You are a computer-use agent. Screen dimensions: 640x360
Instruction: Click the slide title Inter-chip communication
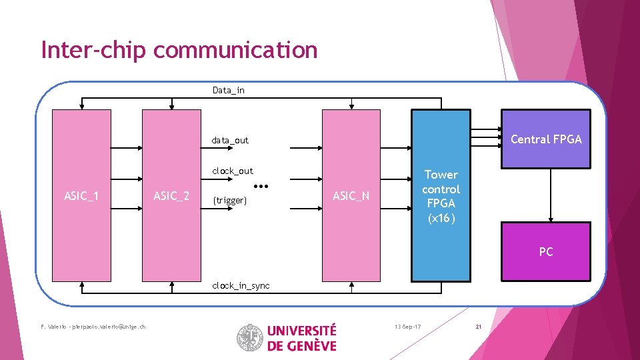point(179,50)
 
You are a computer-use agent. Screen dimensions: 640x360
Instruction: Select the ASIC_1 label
point(81,195)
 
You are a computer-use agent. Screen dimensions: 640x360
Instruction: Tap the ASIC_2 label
point(171,195)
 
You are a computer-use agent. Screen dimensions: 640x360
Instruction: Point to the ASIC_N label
point(351,195)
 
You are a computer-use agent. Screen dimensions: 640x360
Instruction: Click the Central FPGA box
point(545,139)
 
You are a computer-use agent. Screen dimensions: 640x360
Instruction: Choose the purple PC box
point(545,251)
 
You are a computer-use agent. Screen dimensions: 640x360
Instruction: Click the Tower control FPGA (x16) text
point(441,196)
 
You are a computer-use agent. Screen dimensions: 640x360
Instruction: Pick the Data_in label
point(228,90)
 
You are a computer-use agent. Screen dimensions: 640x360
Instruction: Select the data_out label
point(229,140)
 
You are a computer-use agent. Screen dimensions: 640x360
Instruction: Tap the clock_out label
point(232,171)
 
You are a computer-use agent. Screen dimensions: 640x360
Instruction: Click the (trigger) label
point(229,200)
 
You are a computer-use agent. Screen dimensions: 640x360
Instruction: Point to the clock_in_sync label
point(241,285)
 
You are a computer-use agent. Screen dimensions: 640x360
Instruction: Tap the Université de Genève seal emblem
point(250,337)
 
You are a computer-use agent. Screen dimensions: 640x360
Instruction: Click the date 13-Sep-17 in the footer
point(407,327)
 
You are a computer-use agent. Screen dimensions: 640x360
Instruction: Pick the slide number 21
point(477,327)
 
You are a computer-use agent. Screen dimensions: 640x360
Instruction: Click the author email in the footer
point(93,326)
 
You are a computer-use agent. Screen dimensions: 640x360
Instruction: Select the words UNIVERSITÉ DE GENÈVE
point(301,337)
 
